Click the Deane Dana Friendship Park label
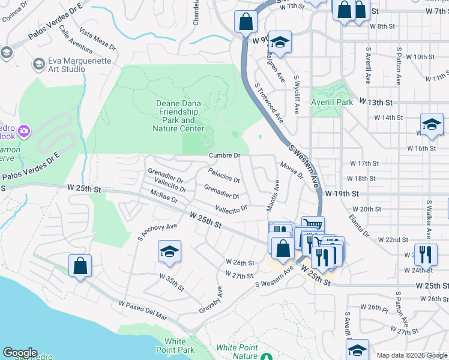tap(179, 116)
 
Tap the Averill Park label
tap(332, 103)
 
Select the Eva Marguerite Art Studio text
tap(67, 65)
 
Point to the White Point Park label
tap(176, 346)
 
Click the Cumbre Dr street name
tap(224, 155)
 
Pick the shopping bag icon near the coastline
tap(80, 265)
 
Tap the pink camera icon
tap(24, 130)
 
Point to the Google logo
tap(20, 353)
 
